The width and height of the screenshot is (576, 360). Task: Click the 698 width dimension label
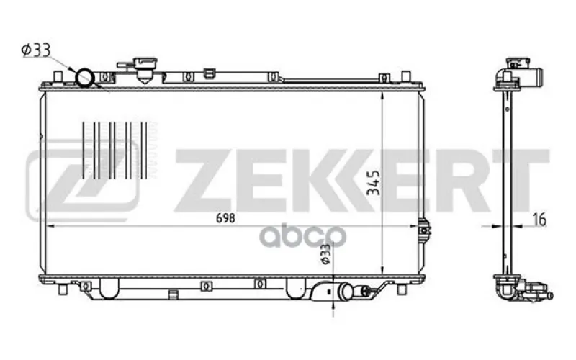(225, 218)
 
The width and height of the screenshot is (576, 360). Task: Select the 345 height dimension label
(374, 182)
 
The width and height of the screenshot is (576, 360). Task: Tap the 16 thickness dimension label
(539, 219)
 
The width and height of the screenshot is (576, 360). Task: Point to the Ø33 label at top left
(35, 50)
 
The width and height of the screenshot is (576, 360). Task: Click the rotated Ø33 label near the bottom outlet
(325, 254)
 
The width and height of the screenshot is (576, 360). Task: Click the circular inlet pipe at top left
(85, 78)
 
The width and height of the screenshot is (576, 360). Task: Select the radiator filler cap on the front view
(145, 68)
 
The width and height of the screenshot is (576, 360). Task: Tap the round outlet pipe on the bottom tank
(346, 291)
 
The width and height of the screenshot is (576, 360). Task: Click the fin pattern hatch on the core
(114, 150)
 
